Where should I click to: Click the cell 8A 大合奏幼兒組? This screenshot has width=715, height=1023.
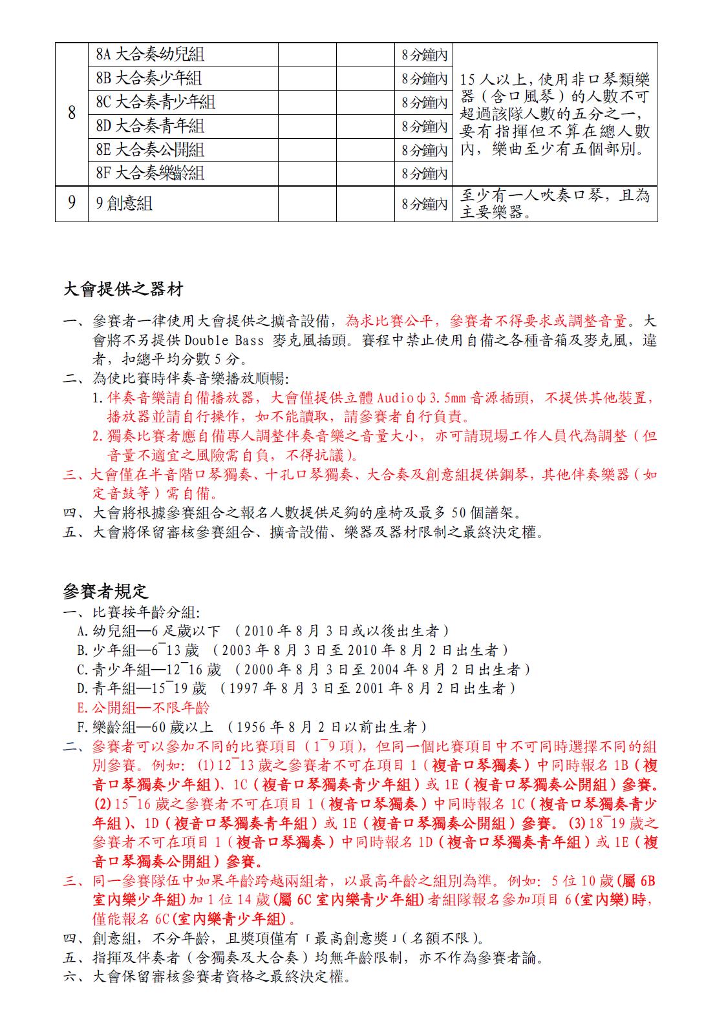(x=150, y=55)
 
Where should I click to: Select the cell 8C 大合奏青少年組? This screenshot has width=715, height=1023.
(x=155, y=103)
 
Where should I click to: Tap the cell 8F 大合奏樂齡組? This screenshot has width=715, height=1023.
(x=150, y=174)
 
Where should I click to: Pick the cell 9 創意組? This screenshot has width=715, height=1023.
(x=124, y=203)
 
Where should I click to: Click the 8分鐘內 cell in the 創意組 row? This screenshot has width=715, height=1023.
(x=424, y=204)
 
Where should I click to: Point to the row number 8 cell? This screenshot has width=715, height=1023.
(x=72, y=114)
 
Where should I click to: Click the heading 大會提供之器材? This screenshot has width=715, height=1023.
(x=123, y=289)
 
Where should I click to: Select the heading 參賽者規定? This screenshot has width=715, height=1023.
(x=105, y=590)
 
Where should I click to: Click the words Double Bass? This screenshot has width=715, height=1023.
(x=224, y=340)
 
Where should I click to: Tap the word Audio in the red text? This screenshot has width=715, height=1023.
(x=396, y=398)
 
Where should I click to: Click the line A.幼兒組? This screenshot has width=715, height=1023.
(x=262, y=630)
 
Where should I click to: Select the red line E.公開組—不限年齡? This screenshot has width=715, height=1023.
(x=144, y=707)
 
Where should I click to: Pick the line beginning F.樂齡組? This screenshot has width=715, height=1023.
(x=251, y=727)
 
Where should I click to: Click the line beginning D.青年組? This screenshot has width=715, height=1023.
(x=296, y=688)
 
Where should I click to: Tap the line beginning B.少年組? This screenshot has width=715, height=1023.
(x=292, y=650)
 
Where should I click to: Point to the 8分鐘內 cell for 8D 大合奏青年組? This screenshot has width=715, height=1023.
(x=424, y=127)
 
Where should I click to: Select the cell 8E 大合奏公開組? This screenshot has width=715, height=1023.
(x=150, y=150)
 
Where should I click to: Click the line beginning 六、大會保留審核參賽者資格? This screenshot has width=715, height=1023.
(x=207, y=976)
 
